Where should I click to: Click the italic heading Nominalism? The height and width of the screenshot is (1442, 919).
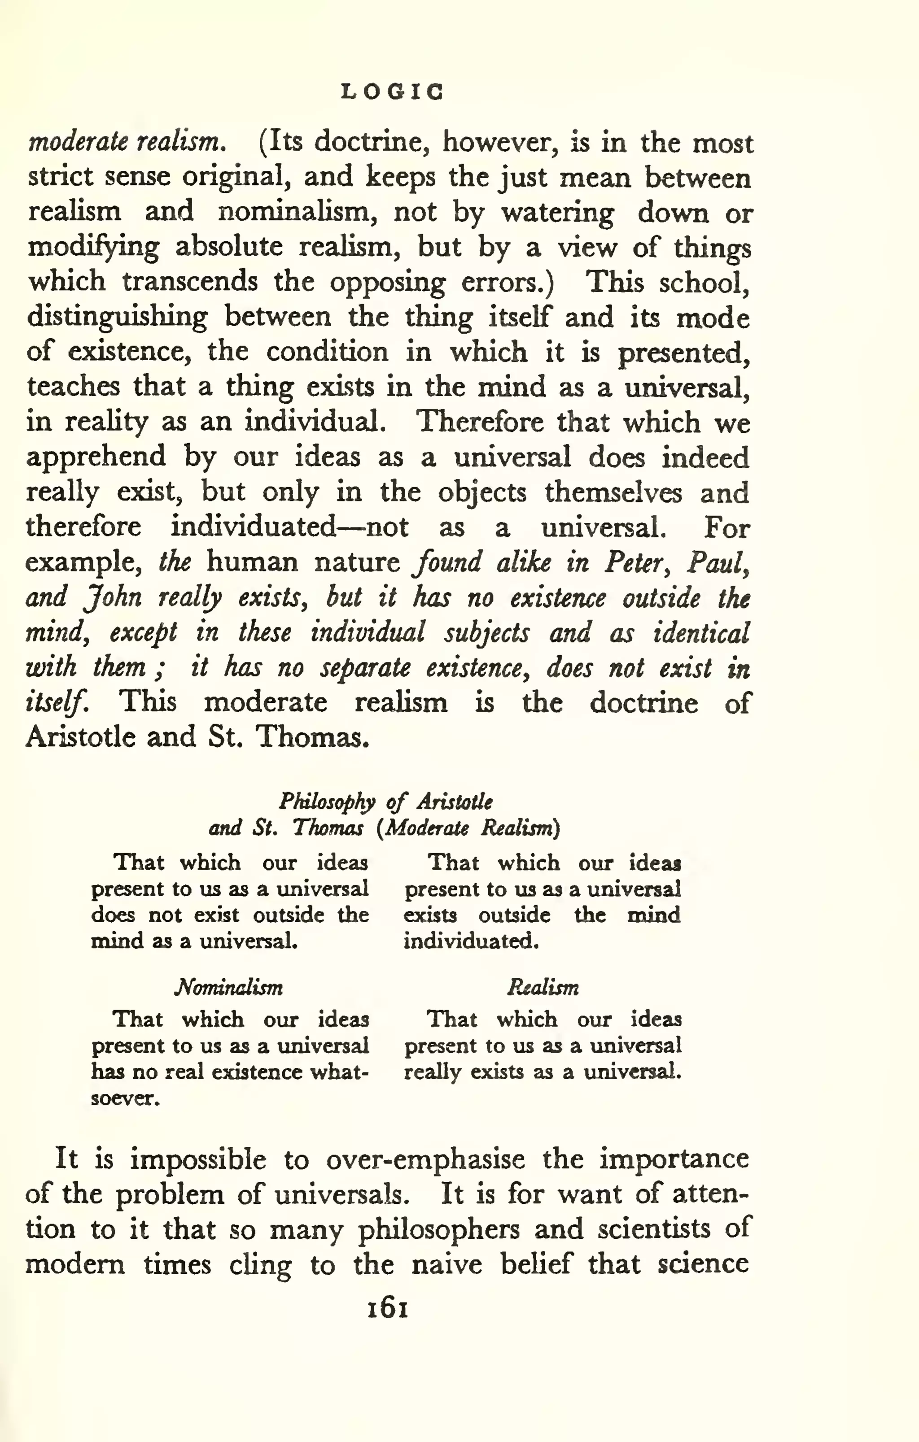click(x=228, y=987)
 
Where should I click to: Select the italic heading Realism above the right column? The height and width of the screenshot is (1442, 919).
click(x=543, y=987)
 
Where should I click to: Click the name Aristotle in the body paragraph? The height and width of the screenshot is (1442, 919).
click(x=80, y=736)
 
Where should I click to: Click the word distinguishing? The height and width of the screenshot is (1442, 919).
click(x=118, y=317)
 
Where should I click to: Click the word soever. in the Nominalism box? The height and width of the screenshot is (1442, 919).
click(x=125, y=1098)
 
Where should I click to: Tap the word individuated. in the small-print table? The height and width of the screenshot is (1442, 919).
click(x=471, y=941)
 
